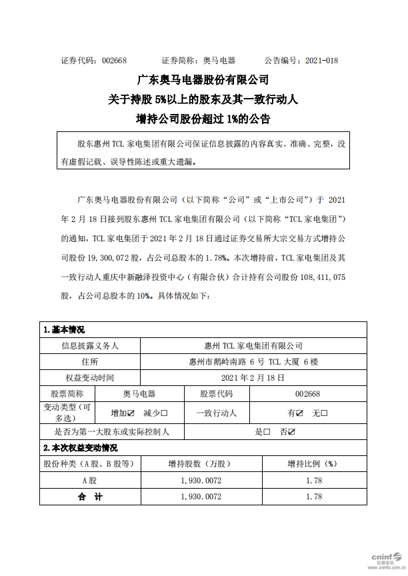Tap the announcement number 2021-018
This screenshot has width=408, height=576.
pyautogui.click(x=322, y=60)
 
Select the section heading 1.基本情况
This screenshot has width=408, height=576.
pyautogui.click(x=64, y=329)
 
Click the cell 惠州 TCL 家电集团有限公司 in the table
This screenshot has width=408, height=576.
pyautogui.click(x=253, y=346)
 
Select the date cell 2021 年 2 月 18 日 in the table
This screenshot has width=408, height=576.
pyautogui.click(x=253, y=378)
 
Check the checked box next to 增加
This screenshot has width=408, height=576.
pyautogui.click(x=131, y=413)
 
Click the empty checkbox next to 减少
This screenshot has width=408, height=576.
pyautogui.click(x=164, y=413)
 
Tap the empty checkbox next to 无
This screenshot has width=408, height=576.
pyautogui.click(x=325, y=413)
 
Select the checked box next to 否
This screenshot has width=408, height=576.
pyautogui.click(x=291, y=432)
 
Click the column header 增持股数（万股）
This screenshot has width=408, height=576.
pyautogui.click(x=201, y=463)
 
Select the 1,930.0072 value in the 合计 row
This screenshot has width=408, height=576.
pyautogui.click(x=201, y=497)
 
